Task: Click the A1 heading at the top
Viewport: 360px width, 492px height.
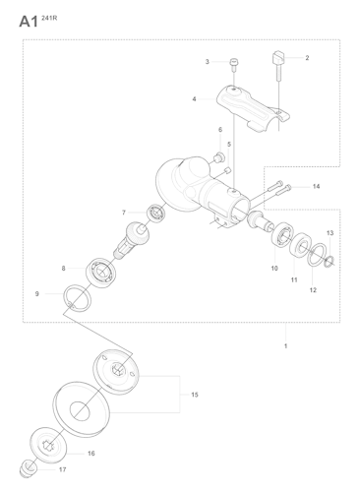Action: pyautogui.click(x=27, y=20)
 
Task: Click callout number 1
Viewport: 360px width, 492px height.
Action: pyautogui.click(x=285, y=347)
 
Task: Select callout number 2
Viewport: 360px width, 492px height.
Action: pyautogui.click(x=306, y=58)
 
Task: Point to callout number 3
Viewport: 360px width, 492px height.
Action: pyautogui.click(x=207, y=62)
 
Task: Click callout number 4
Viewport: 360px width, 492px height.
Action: pyautogui.click(x=194, y=98)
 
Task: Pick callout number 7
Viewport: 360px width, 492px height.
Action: pyautogui.click(x=124, y=213)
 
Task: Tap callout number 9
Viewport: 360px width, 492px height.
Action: pyautogui.click(x=37, y=293)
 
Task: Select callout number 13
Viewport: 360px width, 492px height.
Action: pyautogui.click(x=330, y=232)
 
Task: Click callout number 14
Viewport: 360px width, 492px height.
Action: pyautogui.click(x=316, y=186)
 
